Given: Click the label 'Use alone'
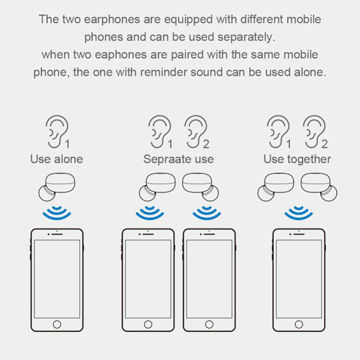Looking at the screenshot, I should (x=57, y=159).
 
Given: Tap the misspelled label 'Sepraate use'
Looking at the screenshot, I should (x=179, y=159).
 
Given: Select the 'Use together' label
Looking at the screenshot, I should (x=297, y=159).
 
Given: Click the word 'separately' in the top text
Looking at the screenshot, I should (x=244, y=37).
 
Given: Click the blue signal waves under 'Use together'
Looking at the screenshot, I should (x=298, y=213).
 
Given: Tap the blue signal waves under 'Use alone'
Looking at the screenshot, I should (x=57, y=213).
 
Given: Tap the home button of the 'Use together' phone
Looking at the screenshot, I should (x=299, y=324).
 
